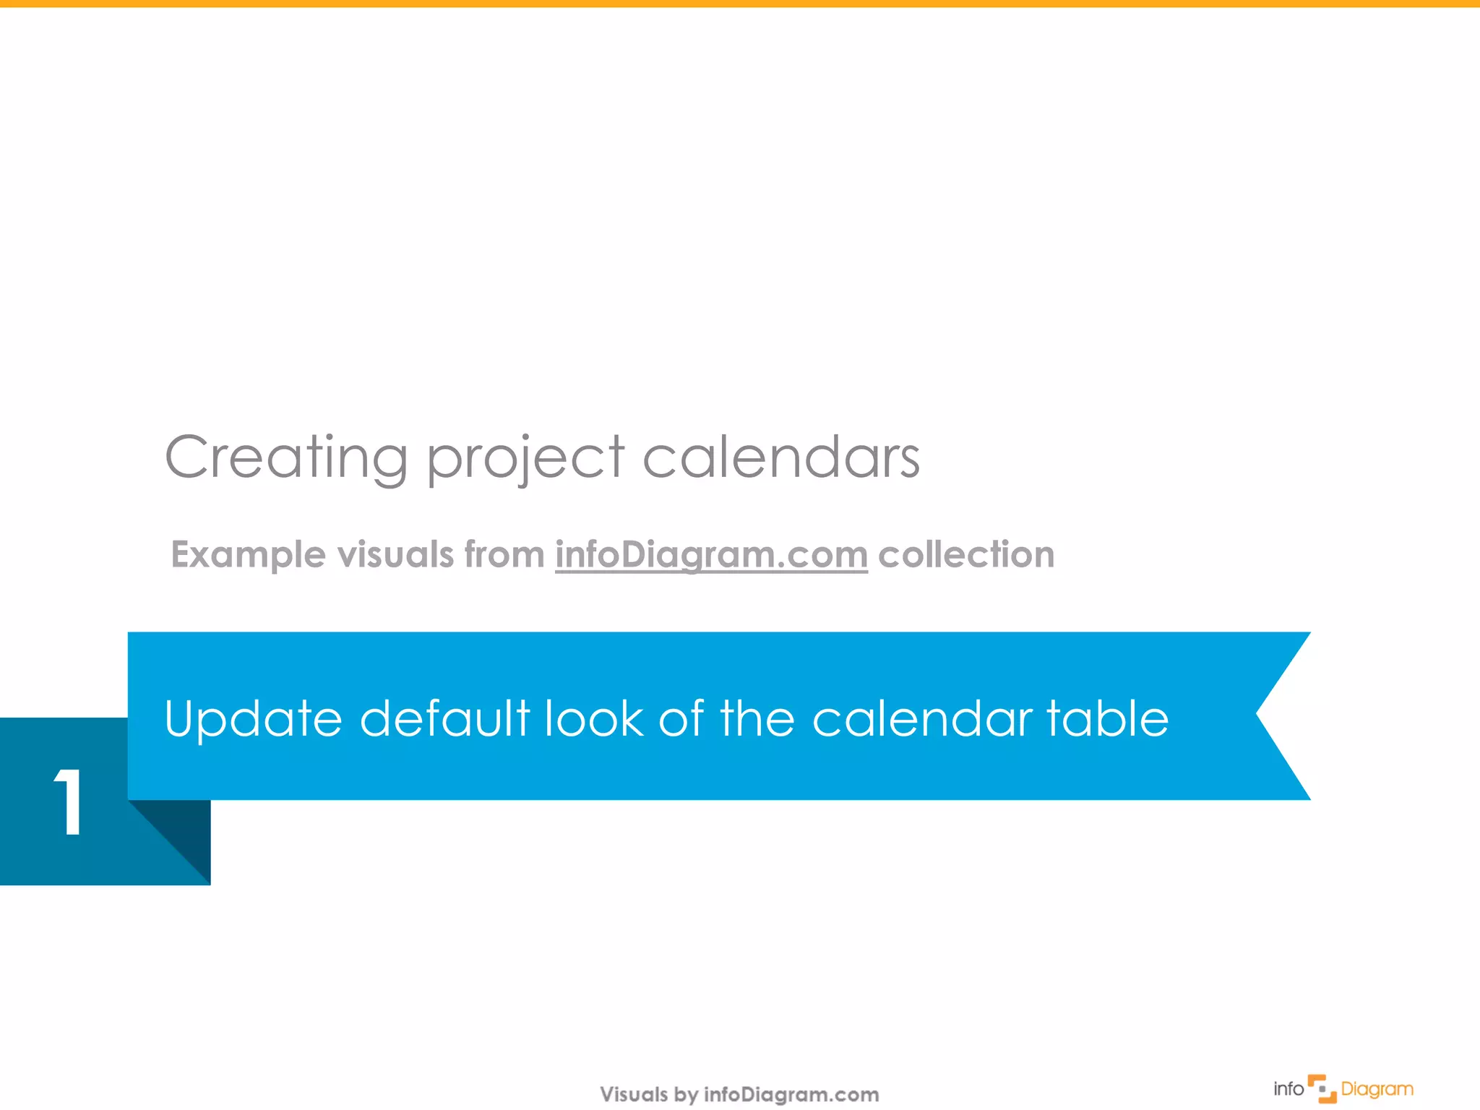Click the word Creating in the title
click(286, 457)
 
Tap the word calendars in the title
click(780, 457)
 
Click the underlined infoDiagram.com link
click(711, 555)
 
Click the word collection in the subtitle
click(966, 555)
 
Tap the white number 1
click(69, 802)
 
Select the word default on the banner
click(444, 719)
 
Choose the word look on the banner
click(593, 719)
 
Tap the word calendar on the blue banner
click(922, 719)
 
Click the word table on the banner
click(1107, 719)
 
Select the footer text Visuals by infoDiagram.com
click(739, 1094)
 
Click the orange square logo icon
click(1322, 1089)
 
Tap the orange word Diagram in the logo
click(1377, 1089)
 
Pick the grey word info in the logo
click(1288, 1089)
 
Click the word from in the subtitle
click(504, 555)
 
